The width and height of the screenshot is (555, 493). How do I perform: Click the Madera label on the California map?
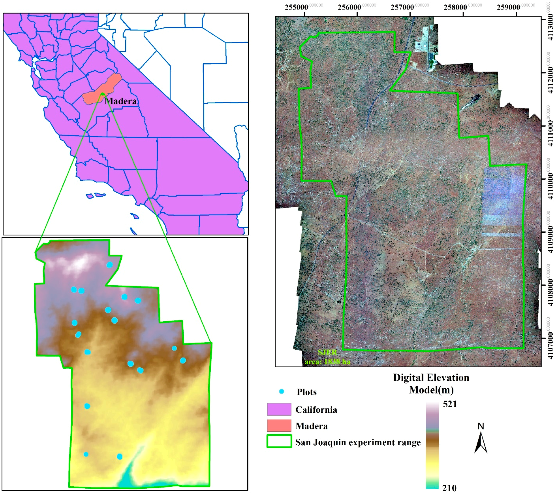click(120, 101)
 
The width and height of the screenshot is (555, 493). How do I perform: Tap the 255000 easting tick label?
click(296, 7)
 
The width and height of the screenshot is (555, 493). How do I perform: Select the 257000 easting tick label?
click(402, 7)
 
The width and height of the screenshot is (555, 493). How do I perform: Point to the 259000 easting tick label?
click(508, 7)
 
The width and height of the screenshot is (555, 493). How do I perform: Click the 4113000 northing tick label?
click(550, 28)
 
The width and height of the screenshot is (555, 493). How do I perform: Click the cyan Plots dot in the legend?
click(282, 392)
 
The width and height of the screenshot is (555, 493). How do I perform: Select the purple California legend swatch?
click(279, 409)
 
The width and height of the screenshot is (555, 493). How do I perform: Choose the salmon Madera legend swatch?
click(279, 426)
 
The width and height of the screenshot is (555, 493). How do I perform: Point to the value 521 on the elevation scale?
click(450, 404)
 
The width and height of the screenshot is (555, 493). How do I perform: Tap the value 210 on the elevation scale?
click(449, 488)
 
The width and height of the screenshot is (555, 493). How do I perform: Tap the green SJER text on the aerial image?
click(327, 353)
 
